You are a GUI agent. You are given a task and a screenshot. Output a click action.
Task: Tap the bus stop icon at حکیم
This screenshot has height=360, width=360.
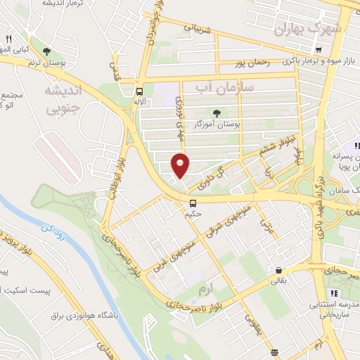pyautogui.click(x=193, y=203)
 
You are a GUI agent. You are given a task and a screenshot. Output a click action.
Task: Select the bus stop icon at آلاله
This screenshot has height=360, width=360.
pyautogui.click(x=139, y=91)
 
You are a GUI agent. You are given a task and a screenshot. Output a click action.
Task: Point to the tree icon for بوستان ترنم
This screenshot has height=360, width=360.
pyautogui.click(x=47, y=51)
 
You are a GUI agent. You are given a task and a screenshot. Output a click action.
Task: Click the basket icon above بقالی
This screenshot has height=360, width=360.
pyautogui.click(x=279, y=270)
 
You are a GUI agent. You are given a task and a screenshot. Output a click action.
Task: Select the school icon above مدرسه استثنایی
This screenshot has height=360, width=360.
pyautogui.click(x=335, y=292)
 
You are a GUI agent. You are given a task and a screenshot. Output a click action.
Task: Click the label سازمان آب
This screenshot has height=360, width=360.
pyautogui.click(x=211, y=87)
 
